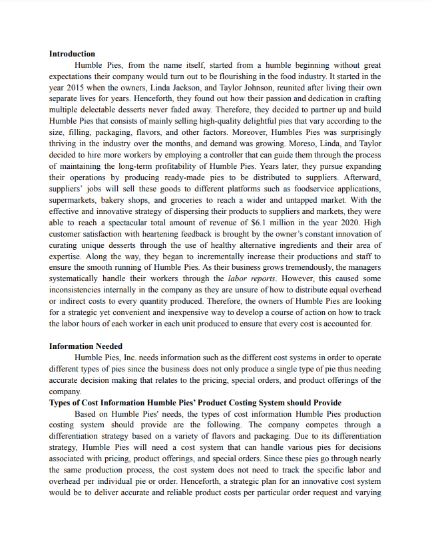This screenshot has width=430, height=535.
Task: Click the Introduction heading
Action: (x=72, y=53)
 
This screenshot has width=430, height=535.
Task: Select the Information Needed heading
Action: (x=85, y=346)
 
